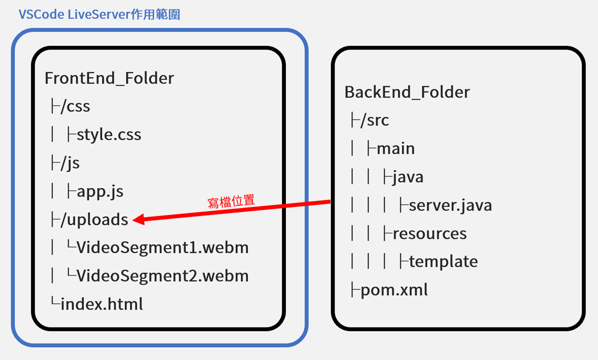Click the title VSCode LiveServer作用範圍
(x=99, y=14)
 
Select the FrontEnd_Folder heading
(x=109, y=78)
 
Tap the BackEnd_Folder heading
(x=407, y=92)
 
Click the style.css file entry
(x=108, y=134)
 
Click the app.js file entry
(x=100, y=191)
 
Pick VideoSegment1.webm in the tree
(x=162, y=247)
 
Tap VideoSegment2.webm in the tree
(x=162, y=275)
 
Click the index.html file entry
(x=101, y=304)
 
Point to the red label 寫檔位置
(x=231, y=201)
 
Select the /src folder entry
(x=374, y=120)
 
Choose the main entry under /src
(x=395, y=148)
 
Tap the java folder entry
(x=408, y=176)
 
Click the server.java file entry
(x=450, y=205)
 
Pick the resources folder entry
(x=429, y=233)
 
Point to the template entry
(x=443, y=261)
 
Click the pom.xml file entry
(x=394, y=290)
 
